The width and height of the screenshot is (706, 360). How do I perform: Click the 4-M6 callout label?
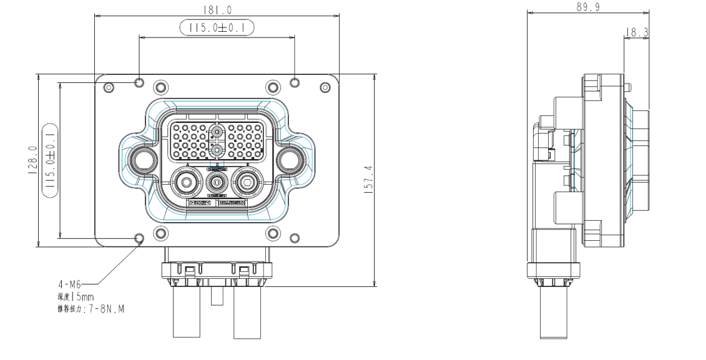(69, 285)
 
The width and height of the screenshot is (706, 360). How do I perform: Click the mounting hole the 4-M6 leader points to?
(139, 238)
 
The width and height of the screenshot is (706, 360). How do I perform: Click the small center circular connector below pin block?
(217, 184)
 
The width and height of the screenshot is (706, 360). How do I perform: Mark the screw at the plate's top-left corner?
(109, 87)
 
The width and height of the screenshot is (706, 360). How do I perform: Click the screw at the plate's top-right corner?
(324, 87)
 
